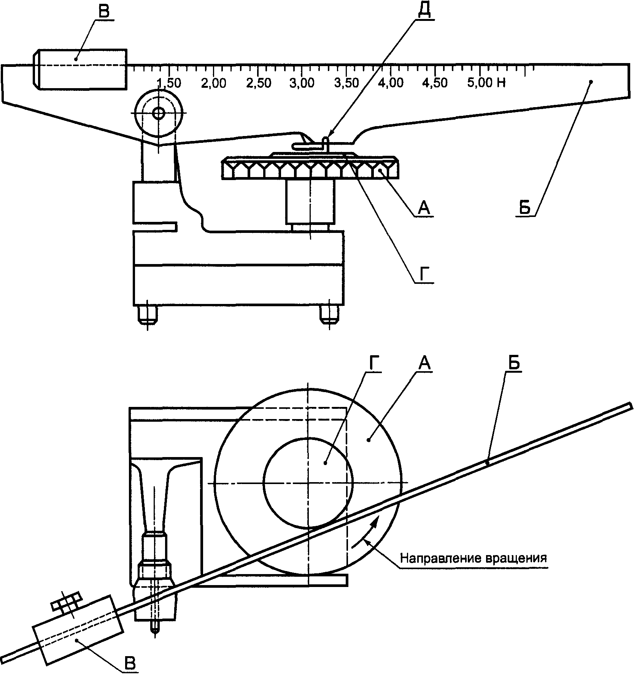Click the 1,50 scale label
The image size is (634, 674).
pyautogui.click(x=169, y=83)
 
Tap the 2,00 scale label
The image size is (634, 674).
pyautogui.click(x=214, y=83)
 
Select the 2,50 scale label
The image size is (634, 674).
pyautogui.click(x=259, y=83)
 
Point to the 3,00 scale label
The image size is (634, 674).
pyautogui.click(x=302, y=83)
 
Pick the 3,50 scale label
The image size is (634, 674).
pyautogui.click(x=346, y=83)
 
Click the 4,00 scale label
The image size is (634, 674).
pyautogui.click(x=391, y=83)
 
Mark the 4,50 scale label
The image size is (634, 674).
pyautogui.click(x=435, y=83)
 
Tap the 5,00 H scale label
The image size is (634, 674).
pyautogui.click(x=486, y=83)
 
